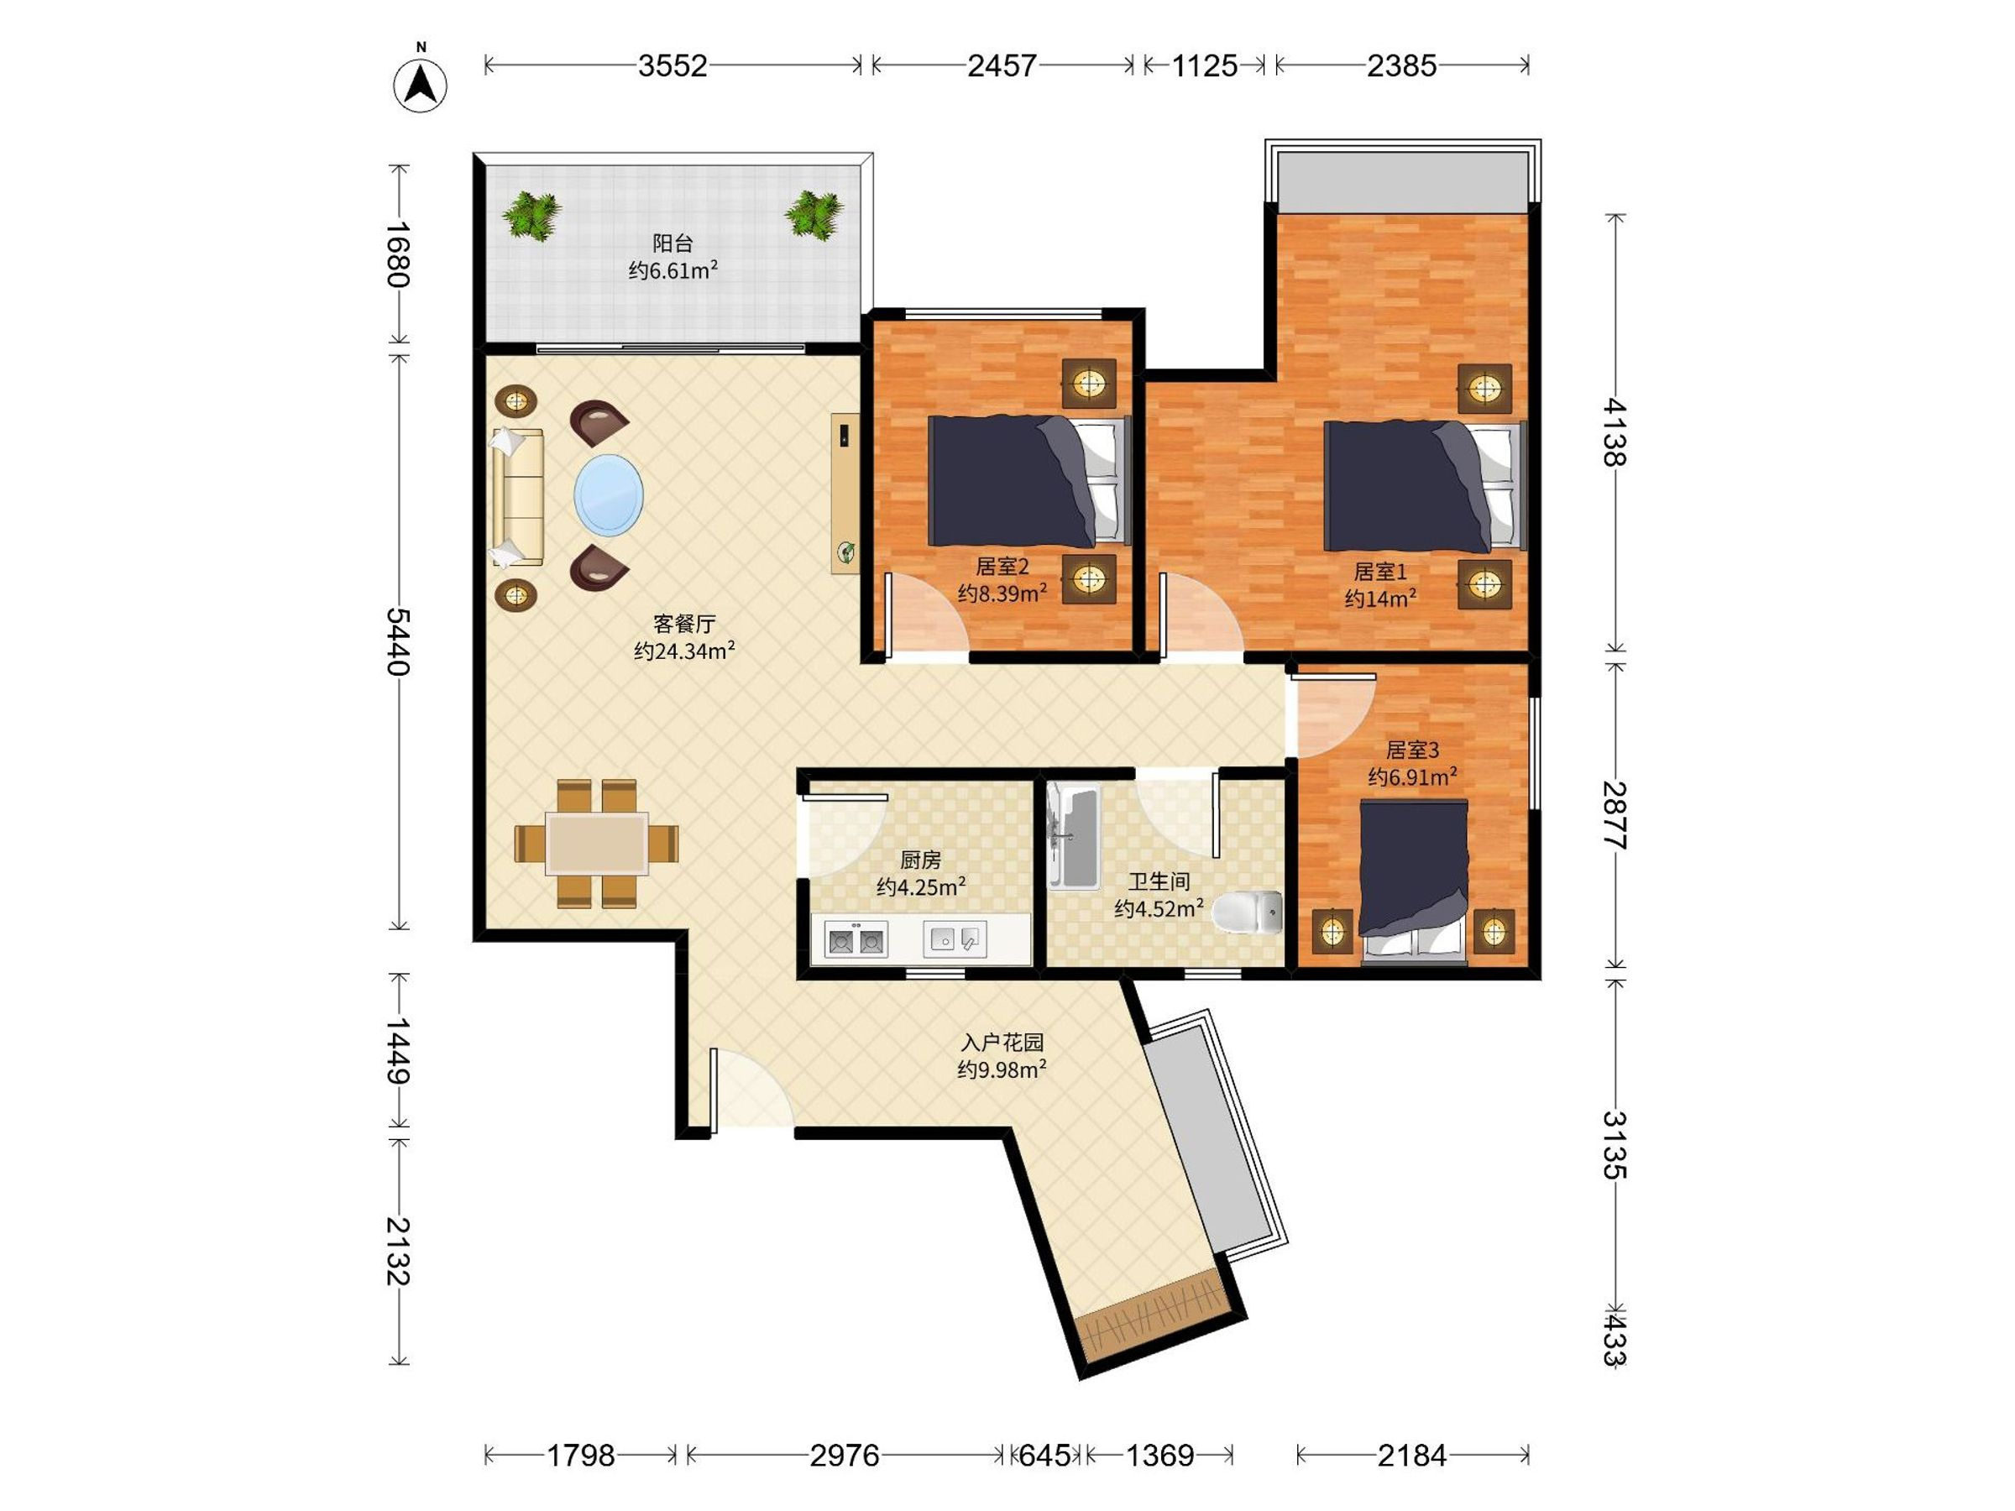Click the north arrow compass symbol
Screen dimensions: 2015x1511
click(x=420, y=85)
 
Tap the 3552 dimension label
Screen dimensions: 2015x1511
click(x=673, y=65)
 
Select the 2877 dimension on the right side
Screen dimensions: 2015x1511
click(x=1615, y=815)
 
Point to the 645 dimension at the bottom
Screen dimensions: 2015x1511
click(x=1044, y=1456)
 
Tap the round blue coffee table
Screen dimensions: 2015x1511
click(x=609, y=495)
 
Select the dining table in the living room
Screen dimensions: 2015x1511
click(x=597, y=844)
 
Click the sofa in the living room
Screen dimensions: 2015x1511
click(x=517, y=498)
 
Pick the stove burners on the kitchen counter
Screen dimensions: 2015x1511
click(x=856, y=939)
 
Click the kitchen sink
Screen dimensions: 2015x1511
click(x=955, y=939)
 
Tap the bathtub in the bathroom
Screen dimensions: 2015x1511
click(x=1073, y=837)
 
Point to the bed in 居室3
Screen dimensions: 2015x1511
click(x=1413, y=881)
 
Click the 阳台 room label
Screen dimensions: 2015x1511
click(x=673, y=243)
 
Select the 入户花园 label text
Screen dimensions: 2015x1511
click(x=1001, y=1043)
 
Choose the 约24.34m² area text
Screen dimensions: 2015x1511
click(x=684, y=651)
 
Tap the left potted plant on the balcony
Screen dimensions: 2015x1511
click(x=531, y=216)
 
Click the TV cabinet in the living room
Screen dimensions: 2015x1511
click(x=845, y=494)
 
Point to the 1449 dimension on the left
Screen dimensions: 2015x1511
click(x=398, y=1050)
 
